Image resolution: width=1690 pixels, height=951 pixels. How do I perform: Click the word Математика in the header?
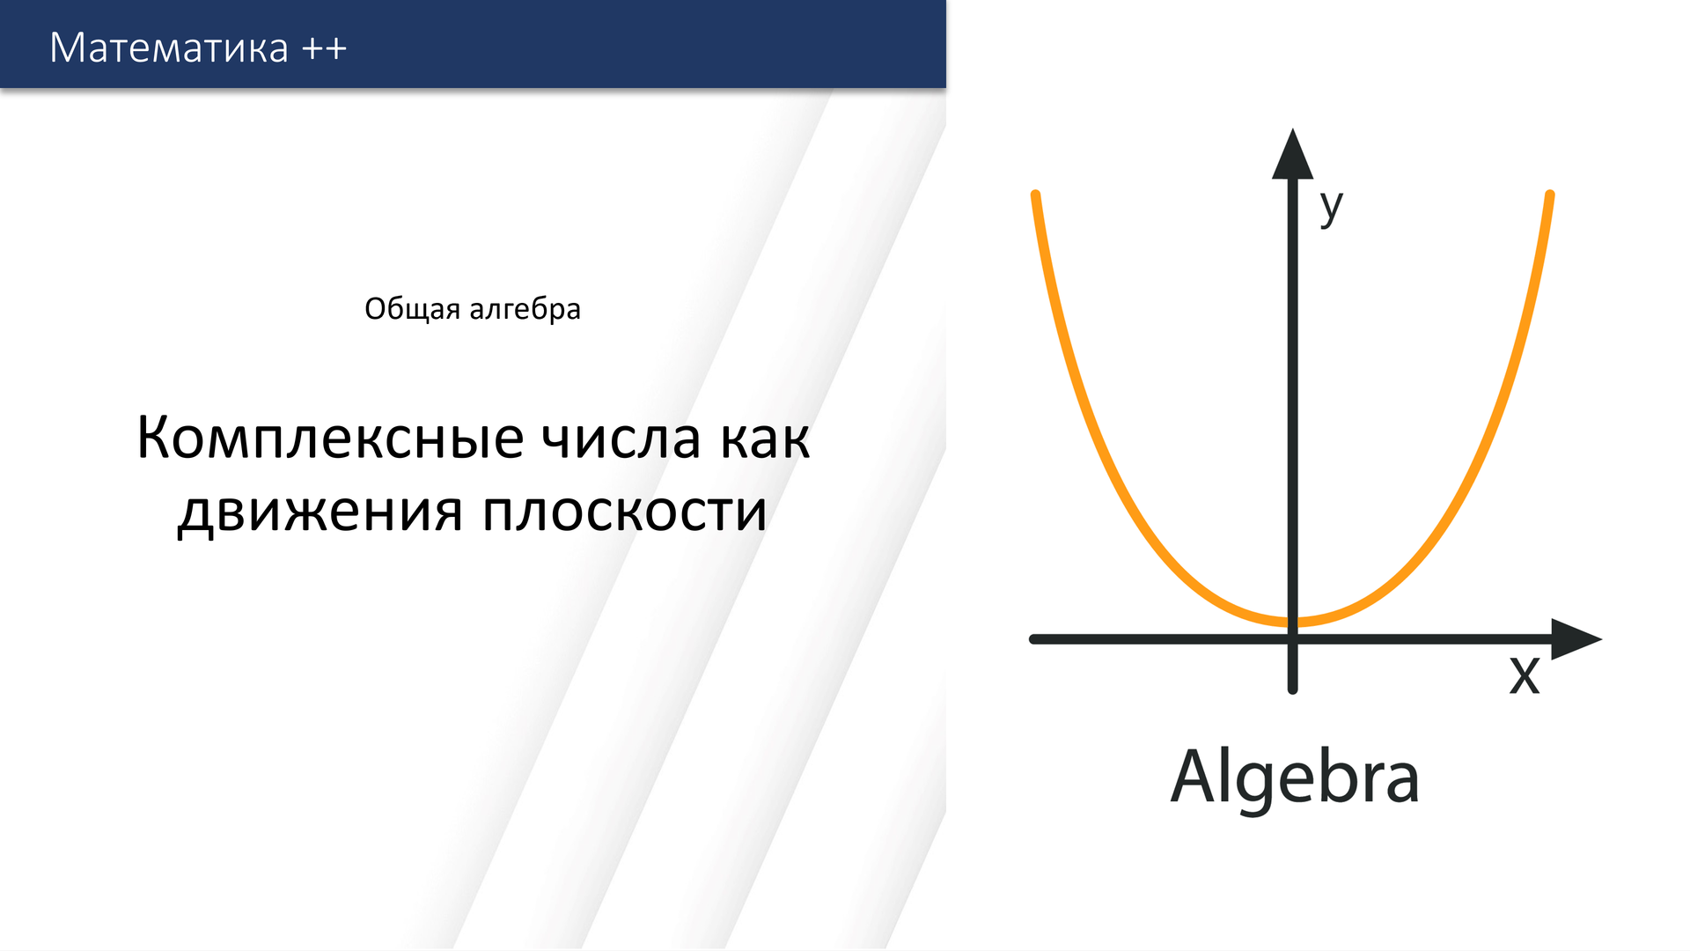(169, 48)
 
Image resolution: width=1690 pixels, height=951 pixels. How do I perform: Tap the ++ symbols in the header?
(324, 48)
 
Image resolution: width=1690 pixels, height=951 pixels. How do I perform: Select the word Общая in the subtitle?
(412, 309)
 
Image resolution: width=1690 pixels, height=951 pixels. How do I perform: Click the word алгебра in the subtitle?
(525, 309)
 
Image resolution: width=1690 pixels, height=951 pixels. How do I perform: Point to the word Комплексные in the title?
(330, 438)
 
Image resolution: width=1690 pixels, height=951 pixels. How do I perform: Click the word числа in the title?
(621, 438)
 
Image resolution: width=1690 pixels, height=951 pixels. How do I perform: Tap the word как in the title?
(765, 438)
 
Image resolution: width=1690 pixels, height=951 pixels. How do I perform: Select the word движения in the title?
(320, 512)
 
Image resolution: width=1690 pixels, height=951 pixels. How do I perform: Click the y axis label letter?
(1331, 207)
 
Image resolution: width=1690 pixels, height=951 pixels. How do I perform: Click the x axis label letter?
(1525, 675)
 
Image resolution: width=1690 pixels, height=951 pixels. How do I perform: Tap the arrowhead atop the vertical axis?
(1292, 155)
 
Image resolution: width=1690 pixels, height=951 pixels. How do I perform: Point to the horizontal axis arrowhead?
(1575, 638)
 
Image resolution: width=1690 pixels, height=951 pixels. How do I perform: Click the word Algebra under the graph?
(1294, 778)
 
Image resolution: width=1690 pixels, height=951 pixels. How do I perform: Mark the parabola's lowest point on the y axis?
(1292, 623)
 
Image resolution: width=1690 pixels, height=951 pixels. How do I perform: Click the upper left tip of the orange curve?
(1036, 195)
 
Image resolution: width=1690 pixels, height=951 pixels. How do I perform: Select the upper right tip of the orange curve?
(1549, 195)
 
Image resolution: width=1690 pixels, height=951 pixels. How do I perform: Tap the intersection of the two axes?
(1292, 638)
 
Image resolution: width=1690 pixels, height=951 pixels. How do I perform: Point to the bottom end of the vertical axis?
(1292, 689)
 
